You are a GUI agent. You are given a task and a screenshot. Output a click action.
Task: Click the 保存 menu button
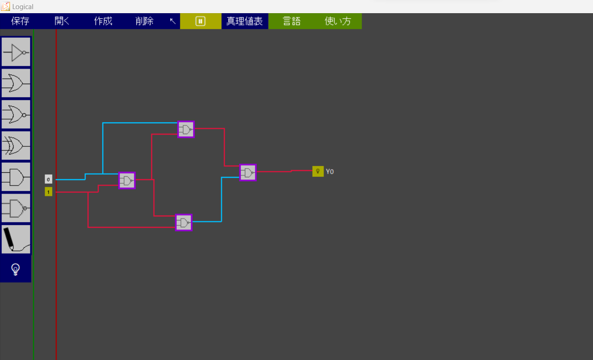[x=20, y=21]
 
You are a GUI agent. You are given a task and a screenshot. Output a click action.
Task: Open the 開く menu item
[x=62, y=21]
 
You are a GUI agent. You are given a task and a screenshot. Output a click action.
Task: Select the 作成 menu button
[x=103, y=21]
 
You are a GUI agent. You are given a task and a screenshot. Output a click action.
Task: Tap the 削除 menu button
[x=145, y=21]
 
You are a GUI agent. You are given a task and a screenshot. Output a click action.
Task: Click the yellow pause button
[x=200, y=21]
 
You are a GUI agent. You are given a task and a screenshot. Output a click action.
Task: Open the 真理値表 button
[x=244, y=21]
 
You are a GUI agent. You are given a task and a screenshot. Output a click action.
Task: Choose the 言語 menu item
[x=292, y=21]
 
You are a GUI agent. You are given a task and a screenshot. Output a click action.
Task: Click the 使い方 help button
[x=338, y=21]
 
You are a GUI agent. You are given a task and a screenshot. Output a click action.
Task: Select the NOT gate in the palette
[x=16, y=52]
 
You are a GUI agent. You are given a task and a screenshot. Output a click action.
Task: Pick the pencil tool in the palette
[x=16, y=240]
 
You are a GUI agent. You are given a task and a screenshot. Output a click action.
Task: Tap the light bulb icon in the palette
[x=15, y=270]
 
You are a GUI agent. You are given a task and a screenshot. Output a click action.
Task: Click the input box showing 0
[x=49, y=180]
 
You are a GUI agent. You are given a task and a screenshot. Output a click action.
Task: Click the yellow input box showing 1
[x=49, y=192]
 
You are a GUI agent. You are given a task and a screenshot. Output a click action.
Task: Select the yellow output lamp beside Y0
[x=318, y=171]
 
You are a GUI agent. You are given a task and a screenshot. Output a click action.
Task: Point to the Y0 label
[x=330, y=172]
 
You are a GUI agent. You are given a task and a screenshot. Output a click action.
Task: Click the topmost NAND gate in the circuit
[x=186, y=130]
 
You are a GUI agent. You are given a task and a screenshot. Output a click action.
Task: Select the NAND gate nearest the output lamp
[x=248, y=173]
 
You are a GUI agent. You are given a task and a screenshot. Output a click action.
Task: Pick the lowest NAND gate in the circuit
[x=184, y=223]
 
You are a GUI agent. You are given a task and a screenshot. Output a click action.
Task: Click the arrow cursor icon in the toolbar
[x=173, y=21]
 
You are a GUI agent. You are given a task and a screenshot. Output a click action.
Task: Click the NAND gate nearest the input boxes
[x=127, y=180]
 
